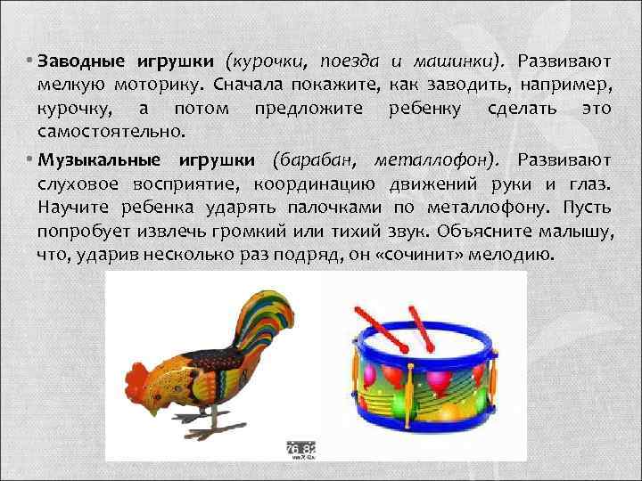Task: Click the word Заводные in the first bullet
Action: pos(80,61)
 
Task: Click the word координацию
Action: pos(325,183)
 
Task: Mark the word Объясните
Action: pos(479,230)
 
